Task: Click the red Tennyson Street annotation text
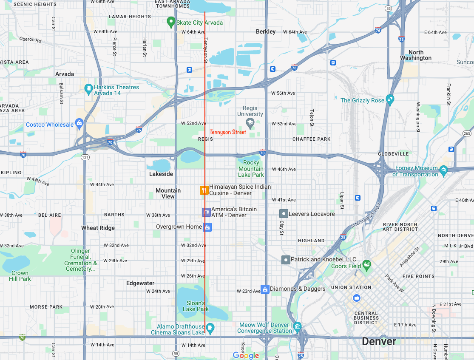pyautogui.click(x=228, y=132)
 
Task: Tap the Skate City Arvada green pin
pyautogui.click(x=171, y=21)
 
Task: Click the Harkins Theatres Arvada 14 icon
pyautogui.click(x=88, y=89)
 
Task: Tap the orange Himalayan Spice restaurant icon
pyautogui.click(x=204, y=190)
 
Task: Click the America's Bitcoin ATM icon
pyautogui.click(x=206, y=212)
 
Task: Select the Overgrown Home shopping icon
pyautogui.click(x=207, y=227)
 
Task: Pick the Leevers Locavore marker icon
pyautogui.click(x=284, y=214)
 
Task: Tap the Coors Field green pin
pyautogui.click(x=366, y=266)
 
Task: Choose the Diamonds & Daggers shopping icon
pyautogui.click(x=265, y=289)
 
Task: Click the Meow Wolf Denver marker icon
pyautogui.click(x=297, y=327)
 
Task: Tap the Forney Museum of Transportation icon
pyautogui.click(x=444, y=171)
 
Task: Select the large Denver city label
pyautogui.click(x=379, y=341)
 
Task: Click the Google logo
pyautogui.click(x=246, y=355)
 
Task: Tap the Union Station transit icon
pyautogui.click(x=357, y=298)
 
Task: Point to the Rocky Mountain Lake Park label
pyautogui.click(x=251, y=169)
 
